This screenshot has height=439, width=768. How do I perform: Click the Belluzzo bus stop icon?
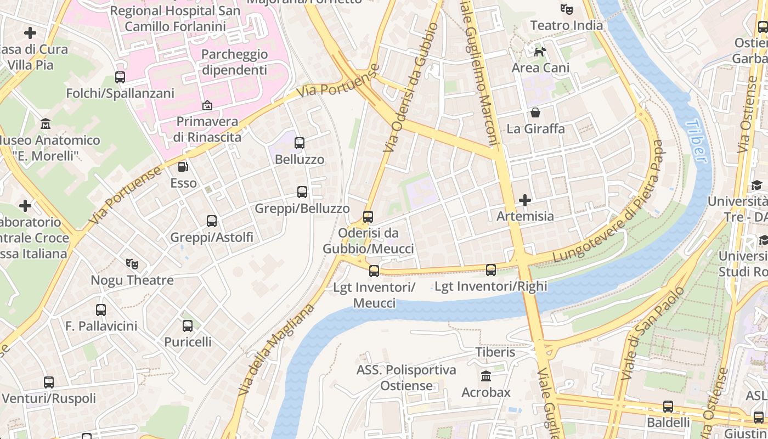click(300, 143)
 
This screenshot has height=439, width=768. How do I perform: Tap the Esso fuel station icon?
click(183, 166)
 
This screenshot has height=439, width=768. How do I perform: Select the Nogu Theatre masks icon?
click(132, 264)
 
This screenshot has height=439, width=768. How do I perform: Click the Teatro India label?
click(567, 25)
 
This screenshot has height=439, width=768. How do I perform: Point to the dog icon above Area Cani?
click(540, 52)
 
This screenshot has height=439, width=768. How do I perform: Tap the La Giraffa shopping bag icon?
click(535, 112)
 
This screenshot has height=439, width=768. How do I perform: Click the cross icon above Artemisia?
click(525, 200)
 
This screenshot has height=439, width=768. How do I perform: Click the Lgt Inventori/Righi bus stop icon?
click(491, 269)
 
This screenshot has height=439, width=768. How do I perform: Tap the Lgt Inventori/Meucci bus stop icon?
click(374, 271)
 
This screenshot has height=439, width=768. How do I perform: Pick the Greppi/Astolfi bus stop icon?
click(212, 221)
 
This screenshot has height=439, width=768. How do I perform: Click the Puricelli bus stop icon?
click(188, 326)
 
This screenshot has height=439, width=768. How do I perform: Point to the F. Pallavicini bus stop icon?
click(101, 310)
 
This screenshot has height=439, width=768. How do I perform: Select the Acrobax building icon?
click(486, 376)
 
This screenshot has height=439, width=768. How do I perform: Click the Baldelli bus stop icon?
click(668, 407)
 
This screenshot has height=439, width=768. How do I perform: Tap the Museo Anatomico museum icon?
click(46, 124)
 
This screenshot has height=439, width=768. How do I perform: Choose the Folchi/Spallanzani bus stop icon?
click(120, 77)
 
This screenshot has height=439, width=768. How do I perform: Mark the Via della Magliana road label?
click(276, 350)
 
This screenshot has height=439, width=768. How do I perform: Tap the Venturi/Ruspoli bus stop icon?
click(49, 382)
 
